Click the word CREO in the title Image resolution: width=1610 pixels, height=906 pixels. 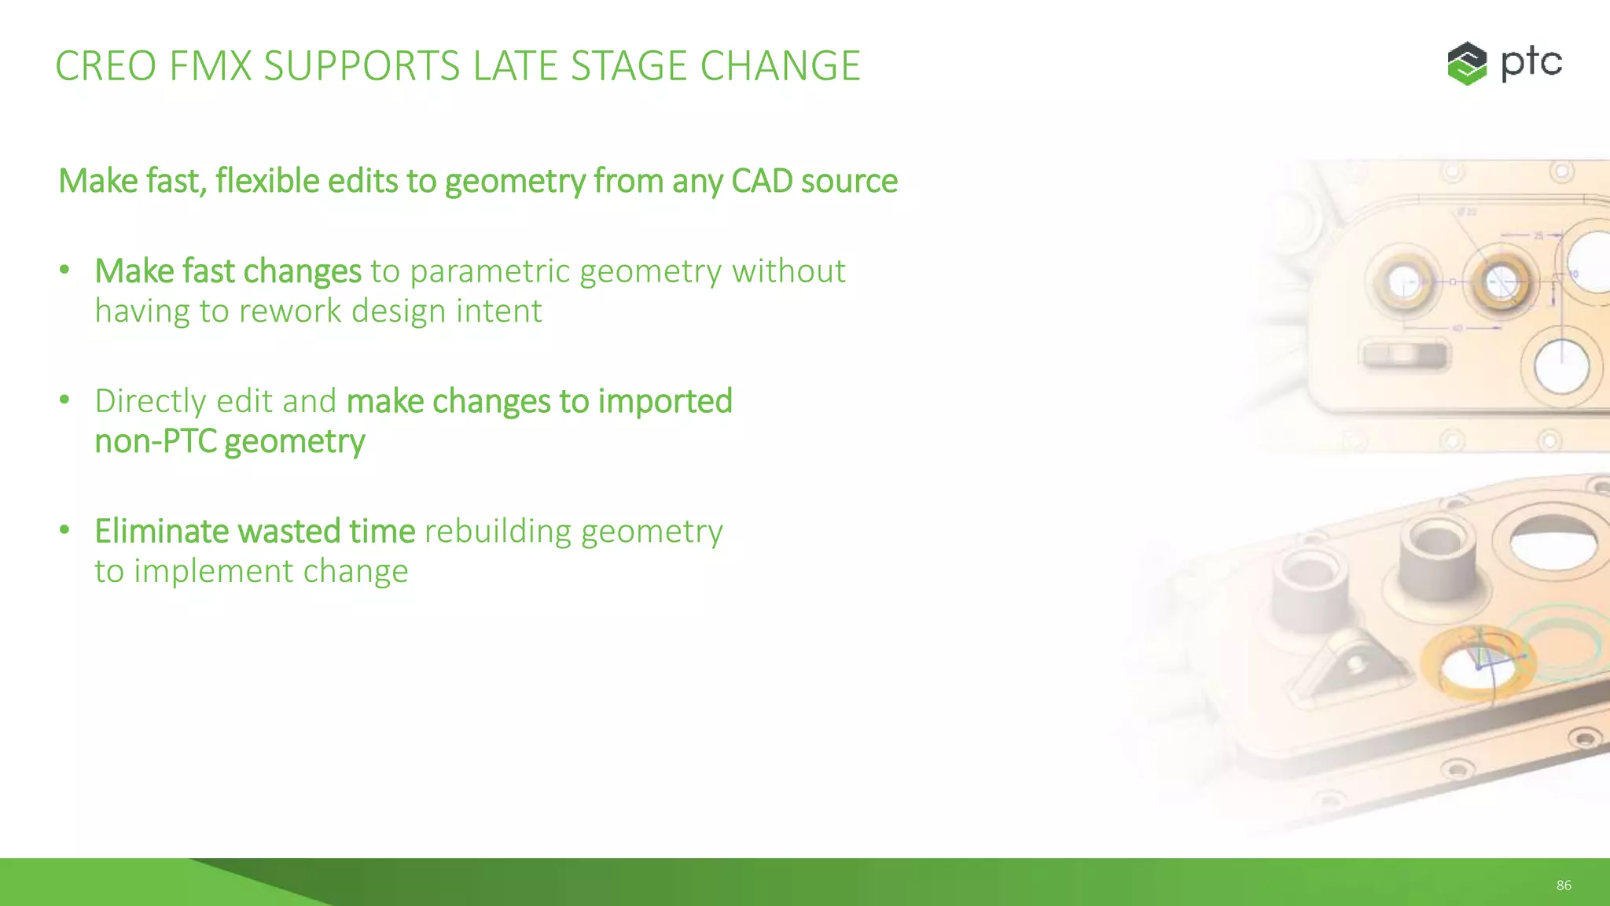105,66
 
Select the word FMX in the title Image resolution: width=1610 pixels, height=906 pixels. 210,66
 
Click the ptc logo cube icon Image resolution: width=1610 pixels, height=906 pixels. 1467,63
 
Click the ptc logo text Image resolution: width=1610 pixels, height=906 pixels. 1531,63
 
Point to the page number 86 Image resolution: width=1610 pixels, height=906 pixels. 1563,886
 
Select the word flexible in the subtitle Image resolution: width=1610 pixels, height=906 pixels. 267,181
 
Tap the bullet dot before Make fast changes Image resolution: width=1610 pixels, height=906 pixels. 64,271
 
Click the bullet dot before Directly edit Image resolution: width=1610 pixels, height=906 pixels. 64,400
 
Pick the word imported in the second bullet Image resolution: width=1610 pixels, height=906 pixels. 665,401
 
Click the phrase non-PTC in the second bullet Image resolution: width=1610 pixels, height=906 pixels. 155,441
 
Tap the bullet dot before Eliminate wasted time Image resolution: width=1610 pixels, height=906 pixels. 64,530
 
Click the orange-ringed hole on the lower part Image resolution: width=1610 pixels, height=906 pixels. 1478,665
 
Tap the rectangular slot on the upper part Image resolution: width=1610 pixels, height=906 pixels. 1404,355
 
